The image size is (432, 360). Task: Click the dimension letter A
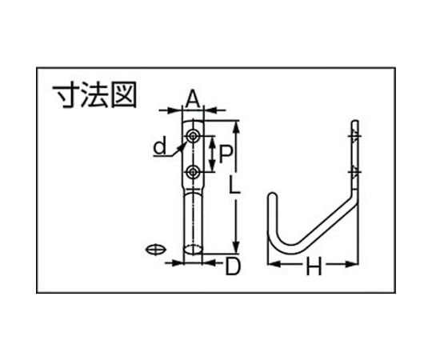pos(192,99)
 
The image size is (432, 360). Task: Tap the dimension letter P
pos(226,154)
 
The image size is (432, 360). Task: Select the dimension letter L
pos(235,185)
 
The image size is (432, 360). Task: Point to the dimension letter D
pos(233,266)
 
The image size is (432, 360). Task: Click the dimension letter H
pos(314,266)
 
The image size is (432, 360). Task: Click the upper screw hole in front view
pos(193,136)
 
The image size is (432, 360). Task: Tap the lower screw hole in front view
pos(193,173)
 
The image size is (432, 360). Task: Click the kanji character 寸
pos(66,95)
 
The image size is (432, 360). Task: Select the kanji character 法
pos(94,95)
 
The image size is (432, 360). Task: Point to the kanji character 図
pos(123,95)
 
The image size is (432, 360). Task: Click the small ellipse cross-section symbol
pos(156,250)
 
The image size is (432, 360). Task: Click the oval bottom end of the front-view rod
pos(193,250)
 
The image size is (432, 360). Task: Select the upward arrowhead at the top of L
pos(236,127)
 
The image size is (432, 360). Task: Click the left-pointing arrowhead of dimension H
pos(274,264)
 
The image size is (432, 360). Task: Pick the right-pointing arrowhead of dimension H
pos(351,264)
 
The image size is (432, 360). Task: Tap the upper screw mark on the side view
pos(354,136)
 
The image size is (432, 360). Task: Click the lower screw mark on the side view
pos(354,173)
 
